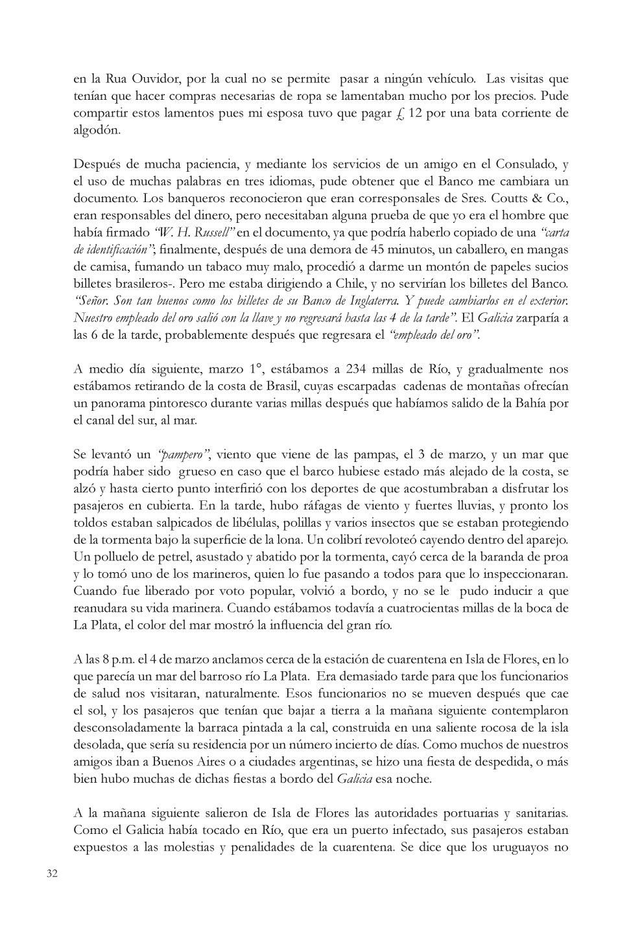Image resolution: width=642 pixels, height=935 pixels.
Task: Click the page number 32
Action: coord(53,873)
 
